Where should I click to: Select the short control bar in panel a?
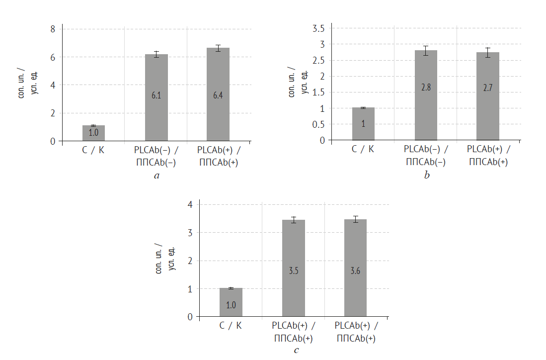pyautogui.click(x=93, y=133)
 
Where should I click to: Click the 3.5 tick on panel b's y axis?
pyautogui.click(x=318, y=29)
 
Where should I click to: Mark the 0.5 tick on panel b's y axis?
pyautogui.click(x=318, y=124)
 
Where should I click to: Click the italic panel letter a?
pyautogui.click(x=156, y=176)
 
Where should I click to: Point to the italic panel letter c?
pyautogui.click(x=297, y=350)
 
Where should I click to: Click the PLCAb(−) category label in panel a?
pyautogui.click(x=156, y=150)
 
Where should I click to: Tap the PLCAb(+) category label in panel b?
pyautogui.click(x=488, y=149)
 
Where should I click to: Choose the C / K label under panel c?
pyautogui.click(x=231, y=326)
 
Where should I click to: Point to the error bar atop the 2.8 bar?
pyautogui.click(x=426, y=50)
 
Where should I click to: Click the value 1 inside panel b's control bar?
pyautogui.click(x=363, y=123)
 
